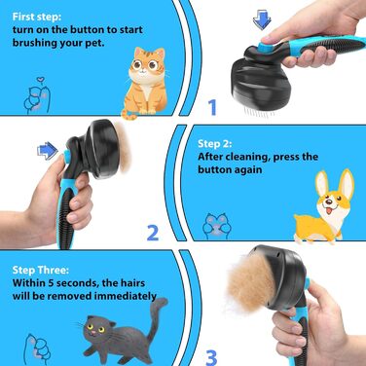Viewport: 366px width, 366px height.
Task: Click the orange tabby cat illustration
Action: [x=146, y=83]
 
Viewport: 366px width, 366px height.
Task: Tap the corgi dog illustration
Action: [x=324, y=207]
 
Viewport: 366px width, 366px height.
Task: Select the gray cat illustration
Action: [x=125, y=334]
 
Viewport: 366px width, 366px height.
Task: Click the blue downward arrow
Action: [x=262, y=19]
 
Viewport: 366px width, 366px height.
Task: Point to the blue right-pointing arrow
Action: [x=48, y=151]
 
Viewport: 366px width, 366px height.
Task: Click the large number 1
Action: [x=212, y=107]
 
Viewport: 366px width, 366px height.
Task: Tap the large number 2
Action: [x=153, y=233]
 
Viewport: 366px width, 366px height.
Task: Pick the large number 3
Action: [x=211, y=357]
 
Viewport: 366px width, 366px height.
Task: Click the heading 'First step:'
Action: [x=37, y=17]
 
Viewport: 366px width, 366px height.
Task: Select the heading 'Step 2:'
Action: [x=215, y=144]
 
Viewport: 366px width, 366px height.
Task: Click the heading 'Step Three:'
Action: [x=41, y=270]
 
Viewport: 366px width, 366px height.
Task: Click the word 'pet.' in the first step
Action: [x=94, y=43]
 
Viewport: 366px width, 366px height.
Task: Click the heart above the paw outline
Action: [x=40, y=79]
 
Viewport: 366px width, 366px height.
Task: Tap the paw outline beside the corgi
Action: [x=215, y=226]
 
